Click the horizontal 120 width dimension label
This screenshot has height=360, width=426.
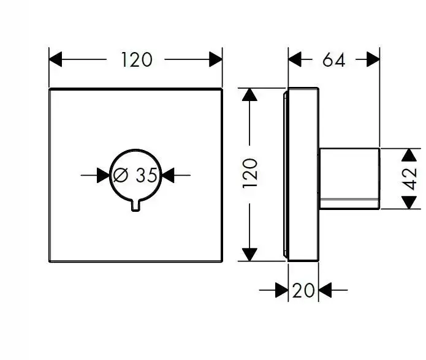136,59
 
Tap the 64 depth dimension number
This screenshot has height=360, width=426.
333,59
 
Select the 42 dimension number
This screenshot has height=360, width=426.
411,179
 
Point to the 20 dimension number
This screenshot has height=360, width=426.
303,290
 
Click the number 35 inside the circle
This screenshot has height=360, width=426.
146,176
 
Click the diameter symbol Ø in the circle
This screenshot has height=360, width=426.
121,176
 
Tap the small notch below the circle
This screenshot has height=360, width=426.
136,206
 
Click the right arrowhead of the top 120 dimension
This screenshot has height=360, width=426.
216,59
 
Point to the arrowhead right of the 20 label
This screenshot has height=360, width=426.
325,290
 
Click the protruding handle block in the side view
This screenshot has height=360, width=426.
349,179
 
